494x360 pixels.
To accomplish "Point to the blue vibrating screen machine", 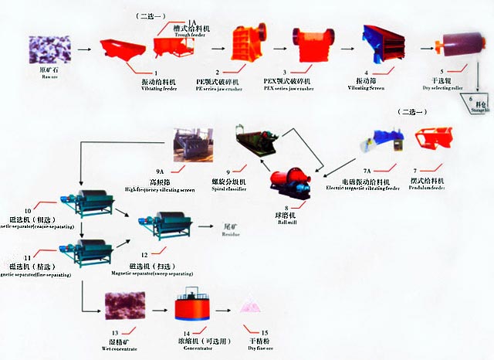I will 381,42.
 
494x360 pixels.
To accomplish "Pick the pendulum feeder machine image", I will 434,139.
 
